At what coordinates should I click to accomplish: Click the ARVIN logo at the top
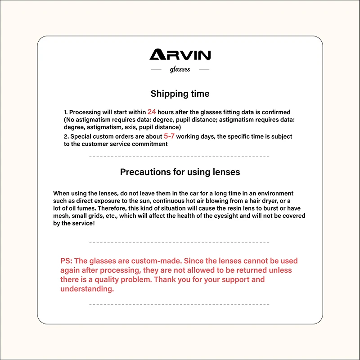180,55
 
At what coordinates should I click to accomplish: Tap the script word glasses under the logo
180,70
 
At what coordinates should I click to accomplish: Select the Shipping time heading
180,94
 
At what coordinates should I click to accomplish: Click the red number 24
152,112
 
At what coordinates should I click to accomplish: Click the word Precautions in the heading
143,172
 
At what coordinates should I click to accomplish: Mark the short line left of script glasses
156,70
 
